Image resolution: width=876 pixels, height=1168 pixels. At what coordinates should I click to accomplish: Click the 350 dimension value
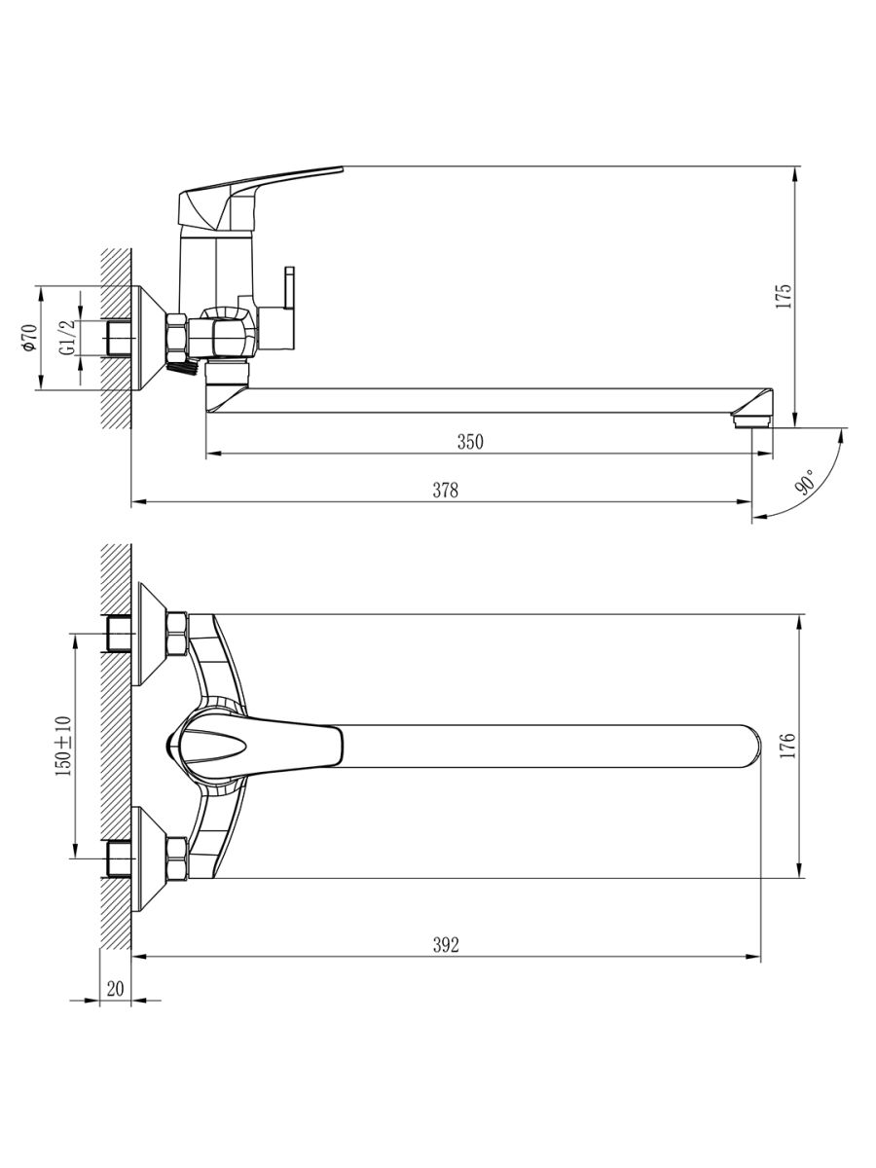click(470, 442)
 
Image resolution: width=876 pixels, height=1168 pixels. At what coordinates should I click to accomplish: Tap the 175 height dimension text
click(784, 297)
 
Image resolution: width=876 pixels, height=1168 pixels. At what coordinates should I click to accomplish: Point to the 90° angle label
click(805, 482)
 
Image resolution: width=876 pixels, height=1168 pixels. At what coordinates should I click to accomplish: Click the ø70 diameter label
click(30, 338)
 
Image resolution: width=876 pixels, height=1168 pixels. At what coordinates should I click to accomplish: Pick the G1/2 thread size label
click(67, 338)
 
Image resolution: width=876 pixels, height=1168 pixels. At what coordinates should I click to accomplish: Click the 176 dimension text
click(788, 745)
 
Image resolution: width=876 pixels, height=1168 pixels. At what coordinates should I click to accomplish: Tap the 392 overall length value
click(446, 944)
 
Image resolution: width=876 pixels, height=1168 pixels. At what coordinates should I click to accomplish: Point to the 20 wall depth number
click(115, 989)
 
